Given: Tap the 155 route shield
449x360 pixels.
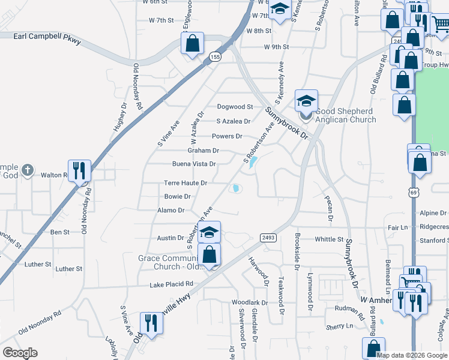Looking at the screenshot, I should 214,56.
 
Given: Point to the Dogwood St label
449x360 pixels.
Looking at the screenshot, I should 235,107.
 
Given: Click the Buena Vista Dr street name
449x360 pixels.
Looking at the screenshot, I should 194,164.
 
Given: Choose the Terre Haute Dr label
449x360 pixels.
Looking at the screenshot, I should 185,183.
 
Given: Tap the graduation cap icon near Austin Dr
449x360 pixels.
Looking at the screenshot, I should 209,232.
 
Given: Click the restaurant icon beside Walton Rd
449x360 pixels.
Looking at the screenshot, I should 79,171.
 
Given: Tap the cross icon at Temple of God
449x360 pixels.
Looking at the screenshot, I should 27,171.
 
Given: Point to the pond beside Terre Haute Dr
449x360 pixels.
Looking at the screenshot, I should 237,189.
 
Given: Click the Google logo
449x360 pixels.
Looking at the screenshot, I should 20,353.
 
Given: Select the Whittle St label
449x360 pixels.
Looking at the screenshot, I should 328,239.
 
